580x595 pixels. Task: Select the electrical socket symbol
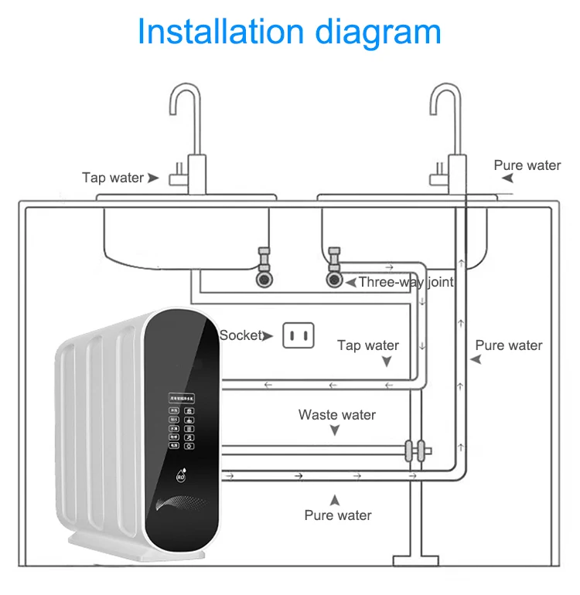point(300,335)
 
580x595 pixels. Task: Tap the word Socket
point(241,335)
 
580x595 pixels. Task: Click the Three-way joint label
point(405,283)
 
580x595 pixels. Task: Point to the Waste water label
point(337,415)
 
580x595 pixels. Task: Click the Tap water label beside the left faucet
point(113,178)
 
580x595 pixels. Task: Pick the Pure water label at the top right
point(527,165)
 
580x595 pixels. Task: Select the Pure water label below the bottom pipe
point(338,515)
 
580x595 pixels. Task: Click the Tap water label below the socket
point(368,345)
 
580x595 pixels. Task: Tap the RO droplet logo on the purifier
point(181,474)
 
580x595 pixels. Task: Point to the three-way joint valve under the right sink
point(334,278)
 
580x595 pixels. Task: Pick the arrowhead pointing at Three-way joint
point(350,283)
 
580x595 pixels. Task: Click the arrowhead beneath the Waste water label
point(335,431)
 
